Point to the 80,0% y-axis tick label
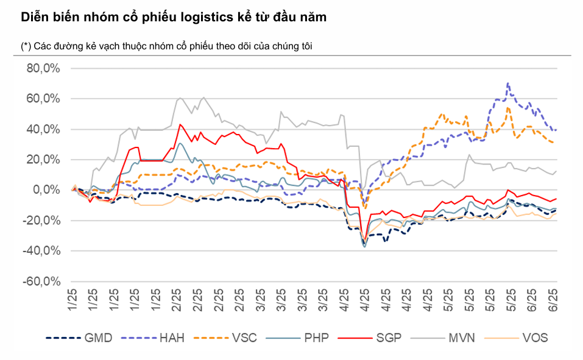click(43, 68)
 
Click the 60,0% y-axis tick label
click(43, 99)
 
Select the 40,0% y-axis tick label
click(43, 129)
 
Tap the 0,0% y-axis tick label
click(45, 190)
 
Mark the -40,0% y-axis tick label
click(41, 251)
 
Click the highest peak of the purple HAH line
click(507, 83)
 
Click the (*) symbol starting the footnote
click(26, 46)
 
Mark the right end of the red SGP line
click(556, 199)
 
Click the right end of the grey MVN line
click(556, 171)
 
